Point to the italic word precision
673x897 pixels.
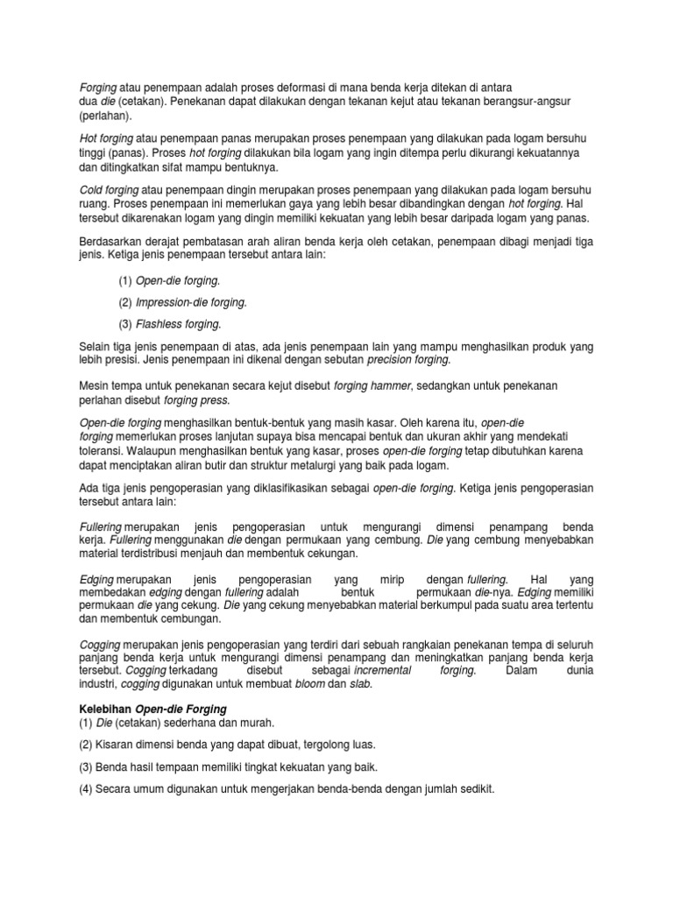pyautogui.click(x=393, y=360)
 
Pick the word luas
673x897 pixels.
pyautogui.click(x=336, y=745)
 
